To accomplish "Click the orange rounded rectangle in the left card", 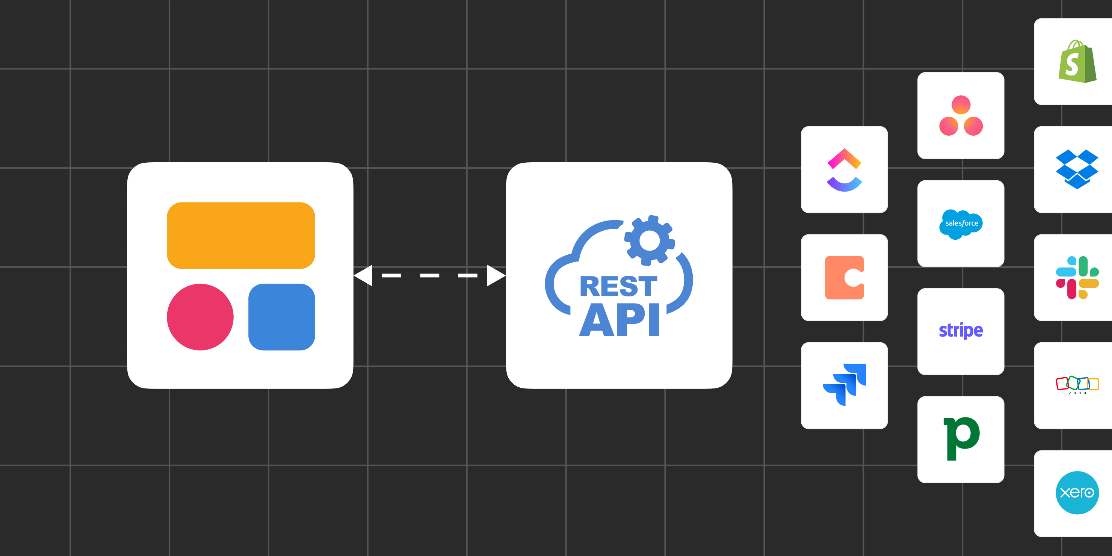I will pos(241,235).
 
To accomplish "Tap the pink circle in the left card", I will pos(200,316).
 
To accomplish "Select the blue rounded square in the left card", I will pos(281,316).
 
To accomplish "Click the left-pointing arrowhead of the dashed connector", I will pos(364,275).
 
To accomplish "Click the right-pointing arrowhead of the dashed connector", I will pos(496,275).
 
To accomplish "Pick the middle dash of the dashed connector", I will pos(429,275).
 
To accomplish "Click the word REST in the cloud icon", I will pos(618,287).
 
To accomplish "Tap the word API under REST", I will pos(619,320).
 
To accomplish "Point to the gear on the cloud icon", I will pos(649,240).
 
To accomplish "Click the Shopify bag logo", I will pos(1077,61).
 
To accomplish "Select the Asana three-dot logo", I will pos(961,116).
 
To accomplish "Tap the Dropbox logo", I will pos(1077,169).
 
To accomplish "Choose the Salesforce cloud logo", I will pos(961,224).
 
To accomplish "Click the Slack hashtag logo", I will pos(1077,278).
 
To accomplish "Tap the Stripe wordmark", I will pos(961,331).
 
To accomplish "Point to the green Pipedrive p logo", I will pos(961,438).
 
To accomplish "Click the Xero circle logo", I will pos(1077,493).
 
